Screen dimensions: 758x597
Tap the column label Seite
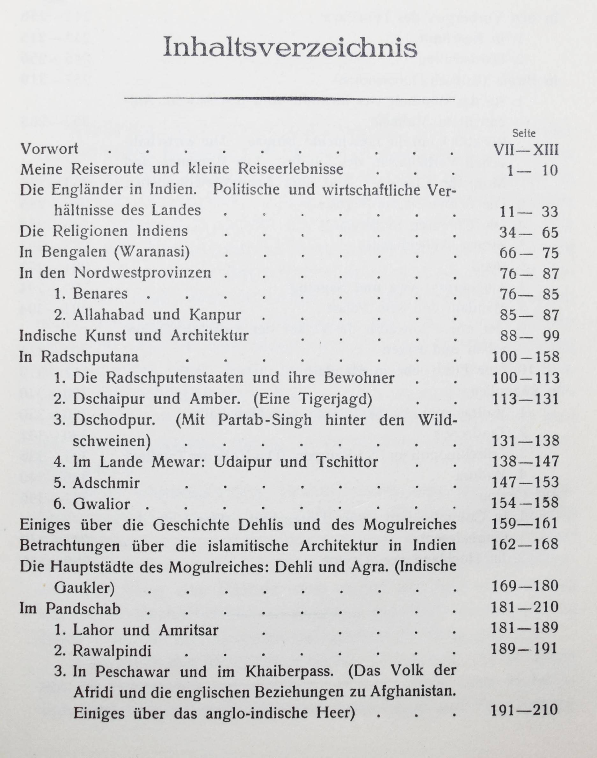point(524,133)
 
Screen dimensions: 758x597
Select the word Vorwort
point(49,150)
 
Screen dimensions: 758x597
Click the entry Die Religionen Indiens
point(104,232)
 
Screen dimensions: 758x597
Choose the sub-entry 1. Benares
point(91,294)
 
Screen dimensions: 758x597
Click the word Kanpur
point(215,315)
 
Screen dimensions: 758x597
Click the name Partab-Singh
point(265,420)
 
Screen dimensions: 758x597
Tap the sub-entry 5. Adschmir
point(97,483)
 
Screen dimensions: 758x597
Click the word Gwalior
point(101,504)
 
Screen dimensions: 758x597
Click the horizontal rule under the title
point(289,99)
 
